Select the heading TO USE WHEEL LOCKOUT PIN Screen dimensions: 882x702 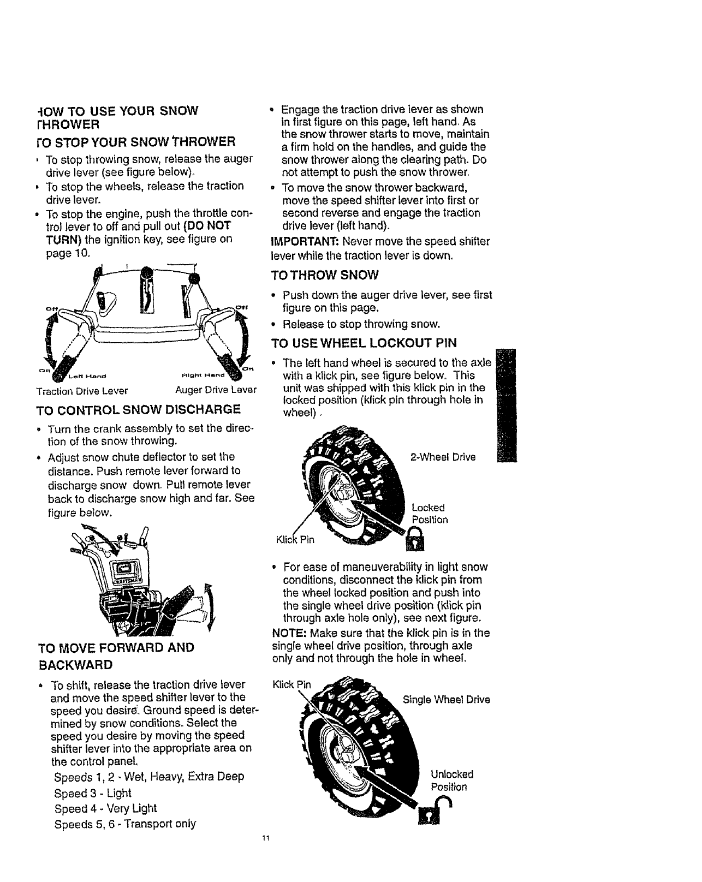[364, 343]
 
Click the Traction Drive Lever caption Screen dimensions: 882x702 [82, 391]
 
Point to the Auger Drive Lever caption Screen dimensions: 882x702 [216, 391]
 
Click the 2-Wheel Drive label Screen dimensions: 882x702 [443, 457]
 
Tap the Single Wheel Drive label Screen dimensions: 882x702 [446, 700]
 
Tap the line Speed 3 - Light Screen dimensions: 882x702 [93, 793]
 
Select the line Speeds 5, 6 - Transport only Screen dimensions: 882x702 [125, 824]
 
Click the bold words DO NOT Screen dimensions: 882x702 [208, 226]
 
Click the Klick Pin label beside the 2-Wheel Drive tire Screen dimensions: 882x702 [296, 540]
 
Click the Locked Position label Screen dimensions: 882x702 [430, 514]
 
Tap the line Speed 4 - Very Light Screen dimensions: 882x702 [105, 808]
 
